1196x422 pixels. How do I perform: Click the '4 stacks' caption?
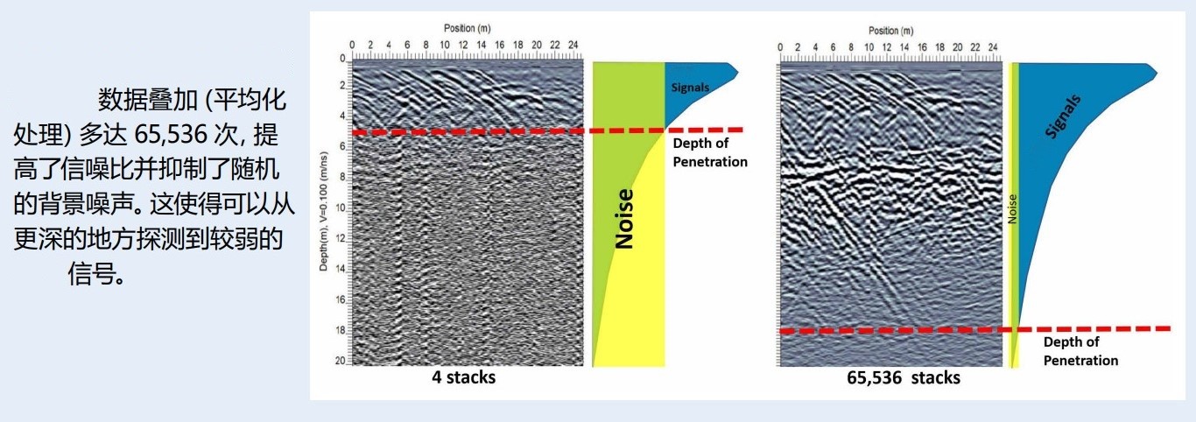click(463, 377)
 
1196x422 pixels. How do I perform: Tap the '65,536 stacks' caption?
click(904, 378)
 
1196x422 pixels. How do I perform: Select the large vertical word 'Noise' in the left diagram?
click(624, 219)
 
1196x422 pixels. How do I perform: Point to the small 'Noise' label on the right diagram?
click(1012, 209)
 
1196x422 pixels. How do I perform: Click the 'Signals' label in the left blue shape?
click(690, 88)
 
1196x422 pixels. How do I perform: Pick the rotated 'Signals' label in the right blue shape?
click(1063, 117)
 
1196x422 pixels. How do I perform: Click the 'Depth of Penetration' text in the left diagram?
click(710, 152)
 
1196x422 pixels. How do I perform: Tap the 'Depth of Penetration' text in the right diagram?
click(1080, 351)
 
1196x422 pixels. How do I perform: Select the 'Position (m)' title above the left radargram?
click(468, 28)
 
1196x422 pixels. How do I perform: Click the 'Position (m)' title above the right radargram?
click(890, 31)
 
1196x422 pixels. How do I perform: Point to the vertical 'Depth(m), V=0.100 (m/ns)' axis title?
click(323, 212)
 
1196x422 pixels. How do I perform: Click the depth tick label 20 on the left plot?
click(340, 361)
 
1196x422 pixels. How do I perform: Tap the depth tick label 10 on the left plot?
click(340, 208)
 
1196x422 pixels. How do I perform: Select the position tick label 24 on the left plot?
click(573, 46)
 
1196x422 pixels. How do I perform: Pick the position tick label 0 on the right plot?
click(780, 47)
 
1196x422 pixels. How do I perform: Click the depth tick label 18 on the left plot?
click(340, 331)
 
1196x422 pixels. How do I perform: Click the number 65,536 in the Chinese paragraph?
click(171, 135)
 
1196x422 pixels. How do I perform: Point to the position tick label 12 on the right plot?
click(886, 47)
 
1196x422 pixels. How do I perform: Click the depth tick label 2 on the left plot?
click(342, 86)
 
